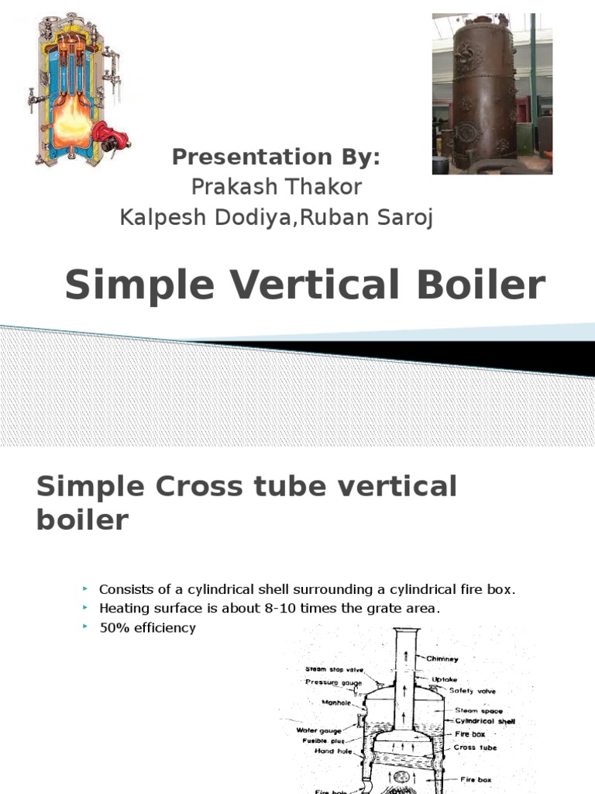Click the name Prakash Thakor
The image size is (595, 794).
click(x=275, y=187)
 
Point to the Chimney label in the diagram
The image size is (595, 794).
click(x=442, y=658)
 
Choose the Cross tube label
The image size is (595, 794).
click(x=475, y=747)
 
